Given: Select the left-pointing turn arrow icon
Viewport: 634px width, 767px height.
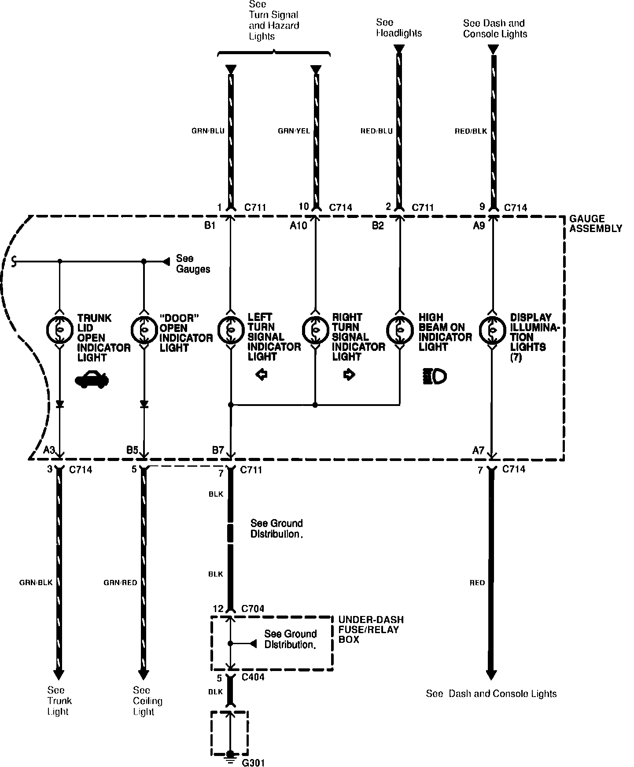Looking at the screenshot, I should pyautogui.click(x=262, y=375).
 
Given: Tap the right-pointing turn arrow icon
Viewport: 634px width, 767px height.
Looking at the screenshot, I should pyautogui.click(x=349, y=375).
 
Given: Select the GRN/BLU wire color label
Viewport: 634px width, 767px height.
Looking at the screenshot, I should pyautogui.click(x=208, y=131).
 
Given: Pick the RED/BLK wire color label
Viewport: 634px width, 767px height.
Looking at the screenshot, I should pyautogui.click(x=471, y=131).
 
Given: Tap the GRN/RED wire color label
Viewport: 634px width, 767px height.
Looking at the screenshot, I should pyautogui.click(x=120, y=583).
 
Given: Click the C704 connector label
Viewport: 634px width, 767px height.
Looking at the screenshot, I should pyautogui.click(x=252, y=609).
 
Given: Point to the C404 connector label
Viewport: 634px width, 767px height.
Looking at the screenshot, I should pyautogui.click(x=253, y=677).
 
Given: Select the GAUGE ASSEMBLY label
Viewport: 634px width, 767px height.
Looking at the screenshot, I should pyautogui.click(x=595, y=224).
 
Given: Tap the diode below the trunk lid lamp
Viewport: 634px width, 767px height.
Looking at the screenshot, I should pyautogui.click(x=59, y=404).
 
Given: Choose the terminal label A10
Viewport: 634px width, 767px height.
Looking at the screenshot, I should pyautogui.click(x=298, y=226).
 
